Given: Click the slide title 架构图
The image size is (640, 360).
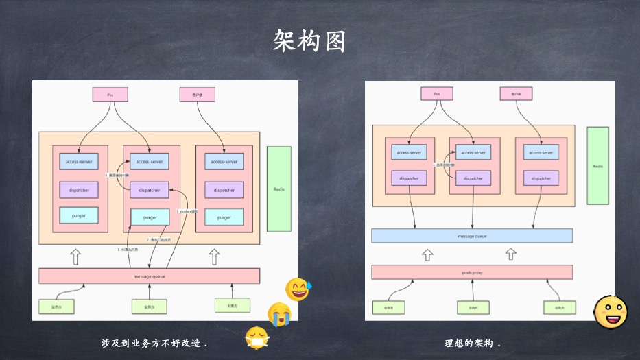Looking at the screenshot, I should point(309,42).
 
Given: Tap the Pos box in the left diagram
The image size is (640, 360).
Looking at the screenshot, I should point(110,95).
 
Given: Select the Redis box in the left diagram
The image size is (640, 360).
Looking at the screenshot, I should point(278,189).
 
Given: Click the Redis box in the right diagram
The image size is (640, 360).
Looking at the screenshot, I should point(597,166).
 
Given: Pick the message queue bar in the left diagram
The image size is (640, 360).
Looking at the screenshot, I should point(149,276).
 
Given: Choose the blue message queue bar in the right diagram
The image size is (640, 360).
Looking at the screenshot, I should point(472,235).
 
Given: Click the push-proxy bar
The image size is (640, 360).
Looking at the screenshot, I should point(472,272).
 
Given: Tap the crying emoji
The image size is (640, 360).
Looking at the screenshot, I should point(279,313).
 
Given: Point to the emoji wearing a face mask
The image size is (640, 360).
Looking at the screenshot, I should point(257,337).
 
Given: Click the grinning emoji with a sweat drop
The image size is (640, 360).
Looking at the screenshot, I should point(298,289).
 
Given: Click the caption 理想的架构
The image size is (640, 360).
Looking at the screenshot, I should point(473,343).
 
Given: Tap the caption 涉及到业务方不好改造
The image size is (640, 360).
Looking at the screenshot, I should point(154,343).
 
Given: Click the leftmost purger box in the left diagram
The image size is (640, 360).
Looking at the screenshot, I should point(79,215).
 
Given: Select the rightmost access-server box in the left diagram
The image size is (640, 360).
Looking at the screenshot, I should point(224,162).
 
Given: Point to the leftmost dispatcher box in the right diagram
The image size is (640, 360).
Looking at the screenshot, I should point(409,178).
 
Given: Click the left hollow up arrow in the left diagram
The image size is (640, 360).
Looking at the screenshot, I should point(76,257).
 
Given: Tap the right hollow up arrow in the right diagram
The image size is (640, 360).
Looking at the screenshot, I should point(510,254).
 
